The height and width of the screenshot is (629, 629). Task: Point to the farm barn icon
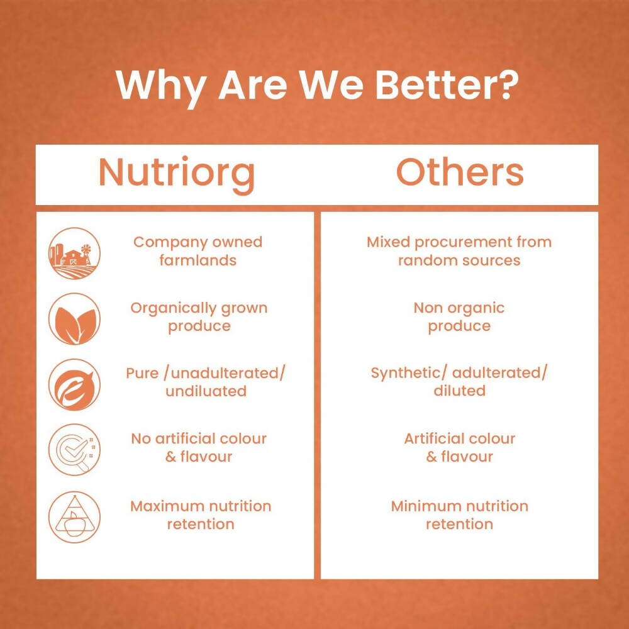(x=74, y=253)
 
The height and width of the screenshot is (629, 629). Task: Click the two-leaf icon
(x=74, y=319)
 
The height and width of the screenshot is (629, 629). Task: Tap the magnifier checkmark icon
(x=74, y=450)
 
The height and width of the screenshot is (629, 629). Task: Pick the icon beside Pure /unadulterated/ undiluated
(x=74, y=384)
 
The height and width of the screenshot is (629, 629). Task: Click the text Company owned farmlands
(x=198, y=251)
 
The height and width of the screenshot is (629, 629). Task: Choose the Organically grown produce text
(x=199, y=316)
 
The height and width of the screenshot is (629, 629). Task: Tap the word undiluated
(x=206, y=391)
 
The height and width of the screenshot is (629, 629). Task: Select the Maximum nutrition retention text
(x=201, y=515)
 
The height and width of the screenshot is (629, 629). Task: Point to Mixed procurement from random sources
(x=459, y=251)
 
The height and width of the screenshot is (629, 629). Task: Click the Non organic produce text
(x=459, y=316)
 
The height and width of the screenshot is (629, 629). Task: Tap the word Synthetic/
(x=408, y=373)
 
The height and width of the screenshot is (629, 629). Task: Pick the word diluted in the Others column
(x=459, y=391)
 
